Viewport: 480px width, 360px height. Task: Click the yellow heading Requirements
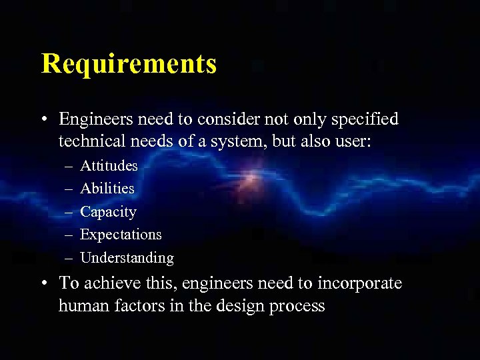coord(129,64)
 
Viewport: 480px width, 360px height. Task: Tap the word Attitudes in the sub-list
coord(109,165)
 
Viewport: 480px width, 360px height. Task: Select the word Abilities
coord(107,189)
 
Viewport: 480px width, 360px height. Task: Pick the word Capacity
coord(108,212)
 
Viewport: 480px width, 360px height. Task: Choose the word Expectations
coord(121,235)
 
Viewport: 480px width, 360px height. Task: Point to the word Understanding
coord(127,258)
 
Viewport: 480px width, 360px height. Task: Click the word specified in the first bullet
coord(365,119)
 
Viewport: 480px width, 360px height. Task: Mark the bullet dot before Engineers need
coord(44,120)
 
